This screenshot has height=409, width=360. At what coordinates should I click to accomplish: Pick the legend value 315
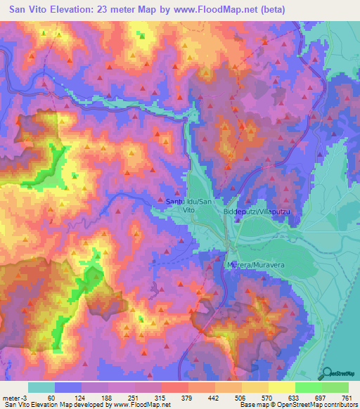(x=161, y=397)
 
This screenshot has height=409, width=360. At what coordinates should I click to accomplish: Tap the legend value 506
(x=240, y=397)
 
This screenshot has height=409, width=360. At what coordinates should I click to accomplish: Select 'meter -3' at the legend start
(x=15, y=397)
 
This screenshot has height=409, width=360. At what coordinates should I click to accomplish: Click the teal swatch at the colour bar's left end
(x=41, y=387)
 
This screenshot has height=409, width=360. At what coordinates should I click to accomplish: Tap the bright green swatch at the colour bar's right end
(x=335, y=387)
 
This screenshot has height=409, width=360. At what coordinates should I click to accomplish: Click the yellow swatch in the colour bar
(x=281, y=387)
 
